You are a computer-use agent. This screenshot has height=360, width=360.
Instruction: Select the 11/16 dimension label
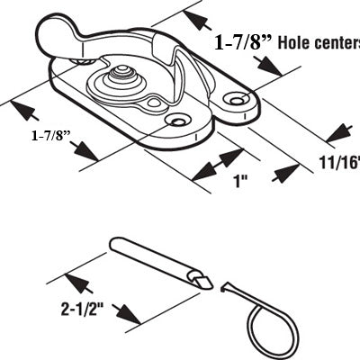click(339, 163)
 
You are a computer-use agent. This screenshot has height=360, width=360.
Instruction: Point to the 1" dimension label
click(241, 181)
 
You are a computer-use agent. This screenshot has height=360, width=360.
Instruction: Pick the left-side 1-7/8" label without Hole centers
click(50, 136)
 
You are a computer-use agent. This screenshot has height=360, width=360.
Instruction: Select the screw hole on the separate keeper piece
click(237, 99)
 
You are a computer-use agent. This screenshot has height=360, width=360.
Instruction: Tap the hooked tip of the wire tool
click(223, 287)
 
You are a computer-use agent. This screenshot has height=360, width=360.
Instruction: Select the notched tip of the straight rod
click(201, 282)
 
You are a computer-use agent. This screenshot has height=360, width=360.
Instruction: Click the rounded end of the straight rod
click(115, 244)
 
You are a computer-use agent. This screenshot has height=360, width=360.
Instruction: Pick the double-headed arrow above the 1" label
click(218, 165)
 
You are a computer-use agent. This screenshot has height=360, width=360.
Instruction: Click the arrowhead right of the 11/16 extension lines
click(339, 132)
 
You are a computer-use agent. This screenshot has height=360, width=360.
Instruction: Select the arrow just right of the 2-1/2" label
click(126, 313)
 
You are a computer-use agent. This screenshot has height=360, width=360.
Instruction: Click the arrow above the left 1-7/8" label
click(25, 111)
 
